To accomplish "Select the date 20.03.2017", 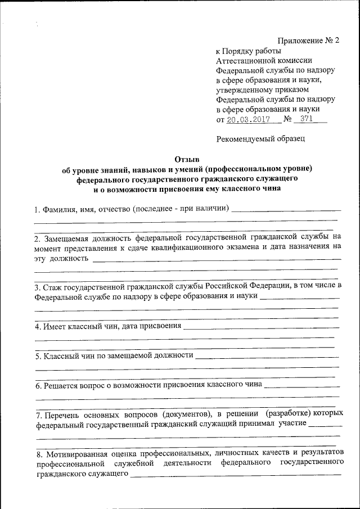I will coord(247,120).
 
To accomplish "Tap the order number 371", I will coord(307,120).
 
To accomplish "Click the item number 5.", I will coord(37,356).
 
